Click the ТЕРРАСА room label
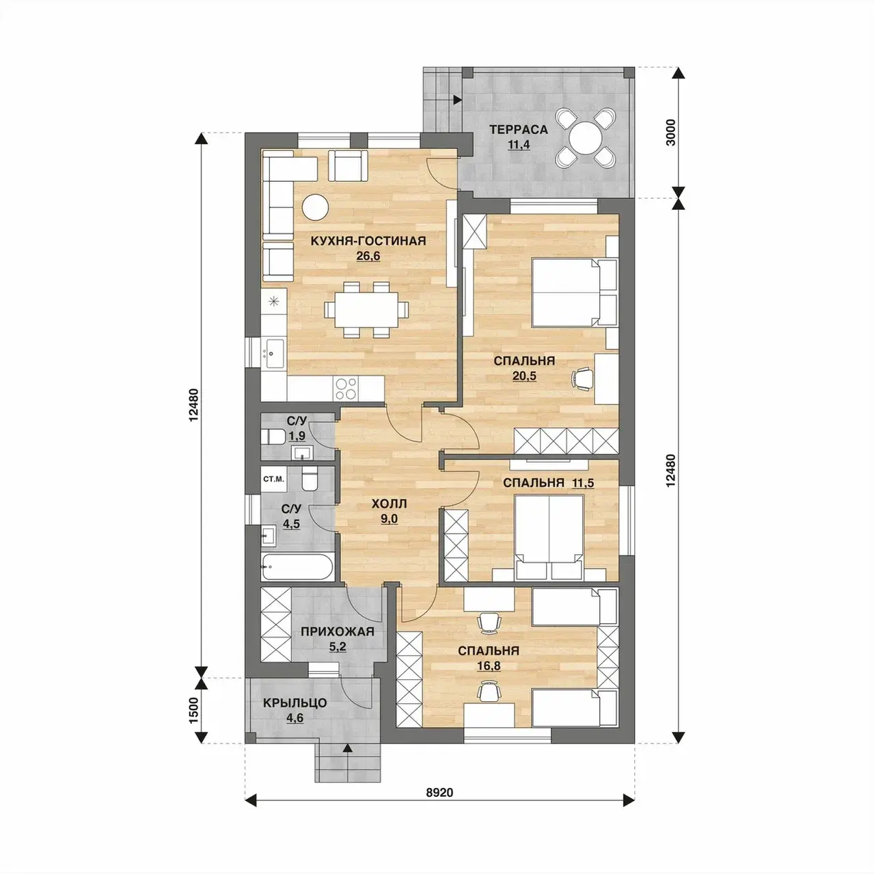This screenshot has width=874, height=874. pyautogui.click(x=519, y=130)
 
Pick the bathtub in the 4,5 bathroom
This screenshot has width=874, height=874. pyautogui.click(x=297, y=566)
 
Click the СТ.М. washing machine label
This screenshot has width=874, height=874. pyautogui.click(x=273, y=478)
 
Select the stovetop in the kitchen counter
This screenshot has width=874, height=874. pyautogui.click(x=346, y=389)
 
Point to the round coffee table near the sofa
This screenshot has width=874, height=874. pyautogui.click(x=315, y=207)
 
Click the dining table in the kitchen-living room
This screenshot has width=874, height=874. pyautogui.click(x=366, y=310)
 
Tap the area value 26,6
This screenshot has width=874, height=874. pyautogui.click(x=368, y=256)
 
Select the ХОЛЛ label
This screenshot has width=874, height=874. pyautogui.click(x=389, y=504)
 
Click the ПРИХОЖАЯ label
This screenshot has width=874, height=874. pyautogui.click(x=338, y=631)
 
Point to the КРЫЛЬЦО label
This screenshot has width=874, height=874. pyautogui.click(x=295, y=703)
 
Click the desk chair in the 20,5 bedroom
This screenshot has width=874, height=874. pyautogui.click(x=583, y=379)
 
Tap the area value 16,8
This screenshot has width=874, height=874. pyautogui.click(x=488, y=666)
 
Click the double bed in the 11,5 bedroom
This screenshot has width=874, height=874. pyautogui.click(x=549, y=538)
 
